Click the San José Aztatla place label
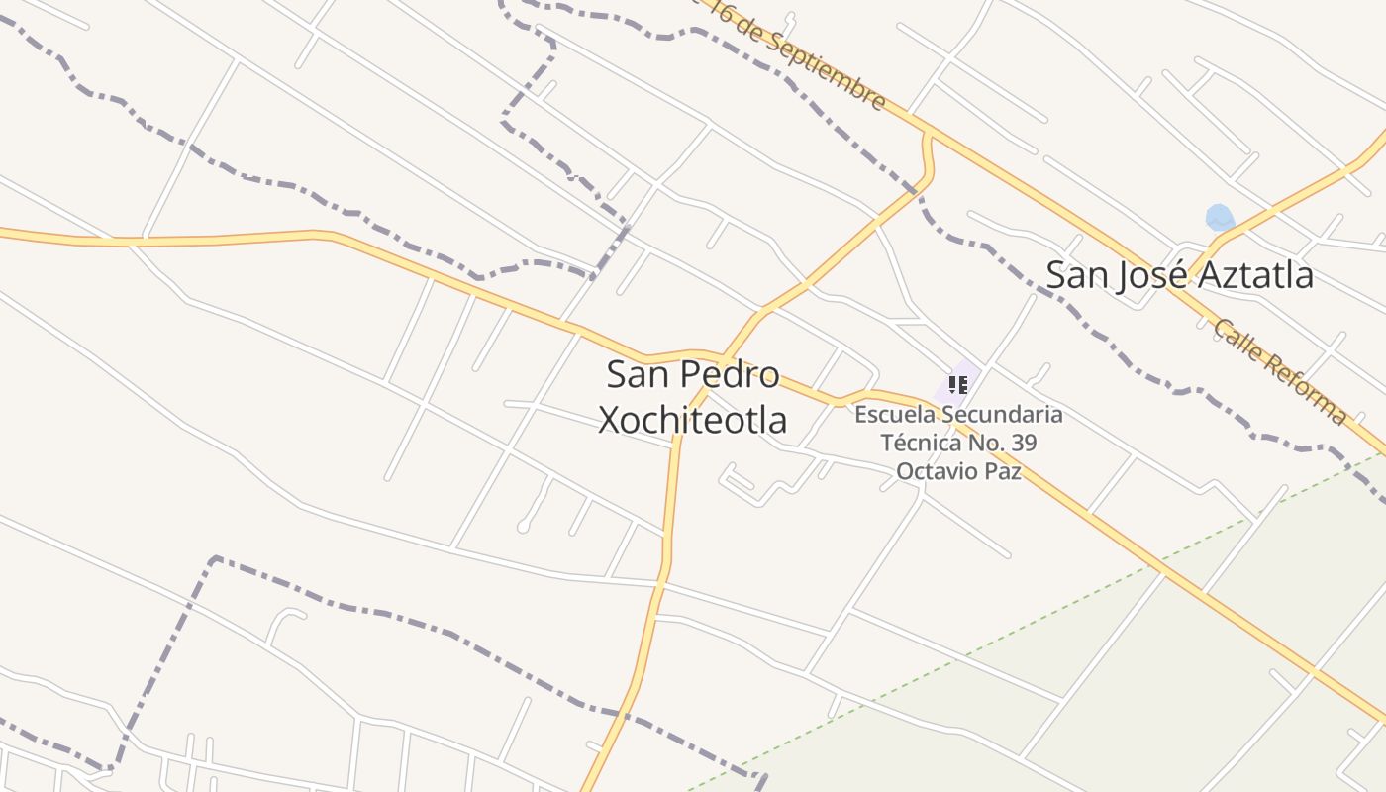pos(1179,274)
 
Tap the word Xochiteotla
pos(693,420)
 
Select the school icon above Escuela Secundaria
pos(957,384)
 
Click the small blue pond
pos(1220,217)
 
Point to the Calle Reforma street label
pos(1279,371)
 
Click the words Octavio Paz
pos(957,470)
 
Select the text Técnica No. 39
pos(958,443)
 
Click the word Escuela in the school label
pos(895,415)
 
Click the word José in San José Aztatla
pos(1152,274)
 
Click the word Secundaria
pos(1002,415)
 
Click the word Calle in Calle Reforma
pos(1237,343)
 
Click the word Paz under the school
pos(1001,470)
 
